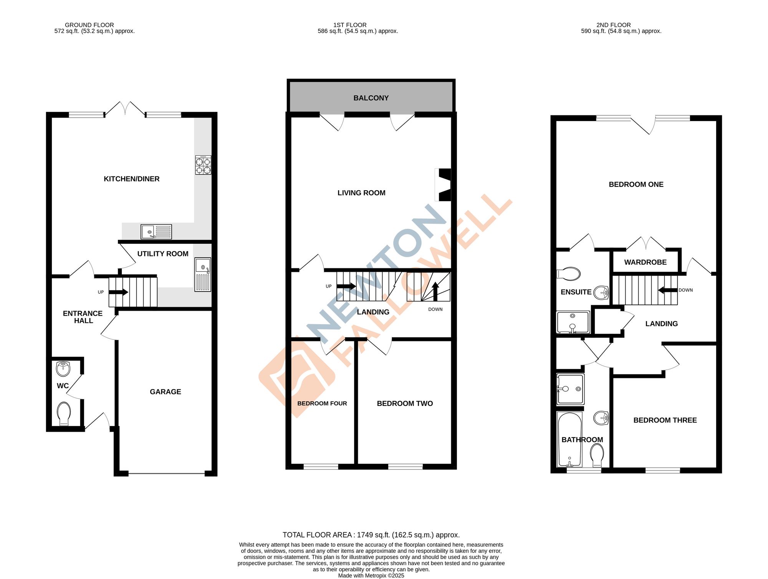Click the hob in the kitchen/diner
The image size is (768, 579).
pos(203,165)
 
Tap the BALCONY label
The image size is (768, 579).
pos(371,98)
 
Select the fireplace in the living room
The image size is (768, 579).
pos(444,185)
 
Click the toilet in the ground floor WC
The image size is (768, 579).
pos(64,414)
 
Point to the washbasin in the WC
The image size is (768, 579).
pos(63,368)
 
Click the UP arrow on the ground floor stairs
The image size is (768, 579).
pos(118,292)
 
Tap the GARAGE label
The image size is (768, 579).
pos(165,392)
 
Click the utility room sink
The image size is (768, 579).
pos(203,275)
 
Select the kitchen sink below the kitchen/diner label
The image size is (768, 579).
pos(156,232)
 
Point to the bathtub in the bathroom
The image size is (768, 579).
pos(569,439)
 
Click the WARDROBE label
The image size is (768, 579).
pos(645,262)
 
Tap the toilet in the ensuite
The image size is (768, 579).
pos(569,274)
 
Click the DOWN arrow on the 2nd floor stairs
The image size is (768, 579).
pos(667,290)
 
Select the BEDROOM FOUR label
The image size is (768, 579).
pos(322,403)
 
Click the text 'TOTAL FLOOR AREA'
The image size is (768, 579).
pos(317,535)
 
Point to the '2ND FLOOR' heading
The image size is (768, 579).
pos(613,25)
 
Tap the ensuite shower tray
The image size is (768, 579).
pos(573,322)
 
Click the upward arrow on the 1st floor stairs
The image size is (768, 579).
pos(435,291)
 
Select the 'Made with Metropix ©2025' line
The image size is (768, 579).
pos(371,576)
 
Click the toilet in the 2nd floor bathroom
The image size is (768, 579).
pos(597,455)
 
